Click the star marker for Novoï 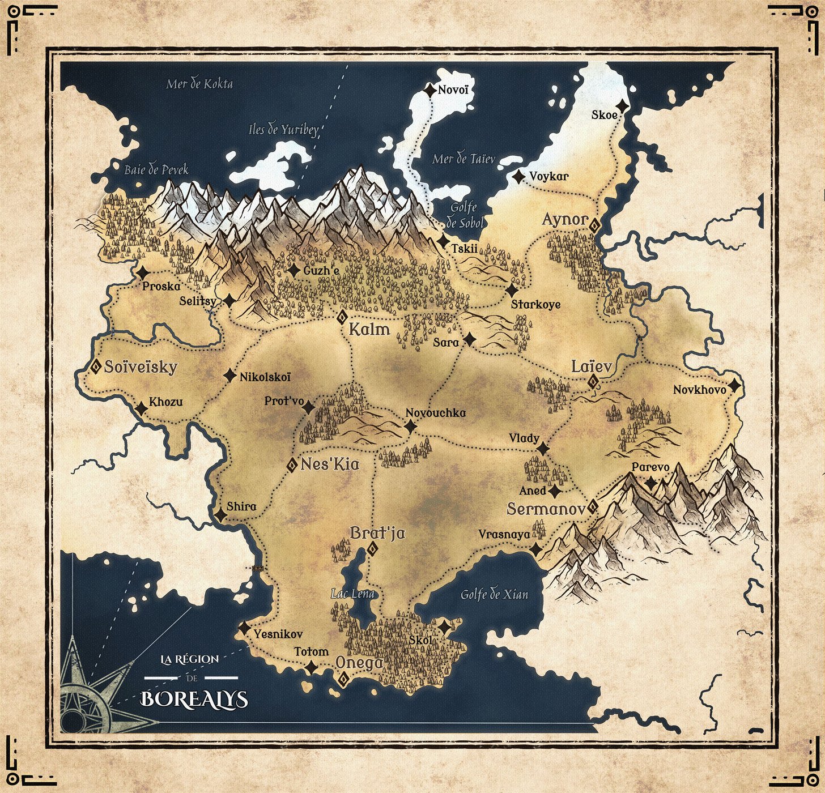point(430,89)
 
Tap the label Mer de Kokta point(199,84)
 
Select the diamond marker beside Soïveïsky point(96,366)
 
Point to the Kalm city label point(369,330)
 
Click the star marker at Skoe point(623,106)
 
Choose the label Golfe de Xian point(494,594)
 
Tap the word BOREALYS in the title point(194,699)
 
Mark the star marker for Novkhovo point(734,386)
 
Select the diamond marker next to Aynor point(594,225)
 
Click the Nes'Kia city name point(330,464)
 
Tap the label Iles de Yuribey point(283,129)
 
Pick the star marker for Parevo point(651,483)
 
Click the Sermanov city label point(546,509)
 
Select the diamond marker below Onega point(343,680)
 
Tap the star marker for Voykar point(518,177)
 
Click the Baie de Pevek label point(156,169)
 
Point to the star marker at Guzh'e point(293,271)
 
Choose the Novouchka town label point(436,413)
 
